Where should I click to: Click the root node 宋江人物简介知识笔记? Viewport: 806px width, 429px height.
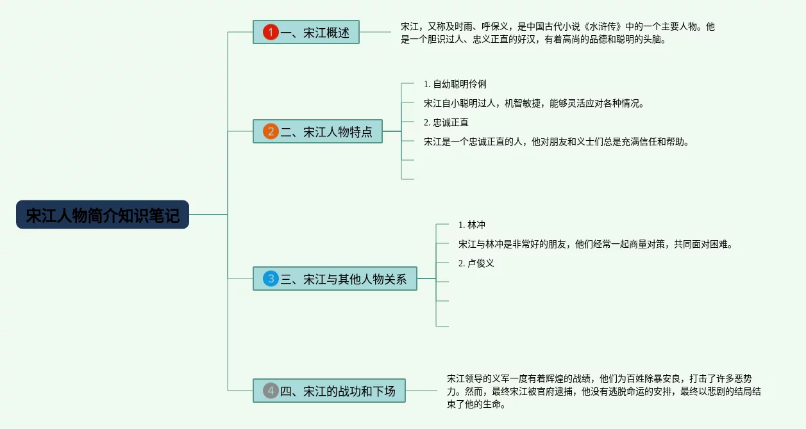pyautogui.click(x=103, y=214)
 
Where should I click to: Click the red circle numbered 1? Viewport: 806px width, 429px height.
pyautogui.click(x=271, y=32)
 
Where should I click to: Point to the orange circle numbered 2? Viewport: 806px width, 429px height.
pyautogui.click(x=271, y=131)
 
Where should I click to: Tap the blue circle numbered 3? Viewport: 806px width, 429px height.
pyautogui.click(x=271, y=279)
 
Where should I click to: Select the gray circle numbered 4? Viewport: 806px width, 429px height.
pyautogui.click(x=271, y=391)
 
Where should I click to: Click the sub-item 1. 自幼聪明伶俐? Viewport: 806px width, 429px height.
pyautogui.click(x=455, y=84)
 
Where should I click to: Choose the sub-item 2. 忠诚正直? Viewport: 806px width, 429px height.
pyautogui.click(x=446, y=122)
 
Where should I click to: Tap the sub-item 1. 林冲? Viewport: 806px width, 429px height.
pyautogui.click(x=472, y=225)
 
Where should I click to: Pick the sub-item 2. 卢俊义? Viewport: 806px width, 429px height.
pyautogui.click(x=476, y=263)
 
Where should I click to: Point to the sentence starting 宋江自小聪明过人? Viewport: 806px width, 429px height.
pyautogui.click(x=533, y=103)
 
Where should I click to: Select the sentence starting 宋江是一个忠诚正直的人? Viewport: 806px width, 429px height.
pyautogui.click(x=557, y=142)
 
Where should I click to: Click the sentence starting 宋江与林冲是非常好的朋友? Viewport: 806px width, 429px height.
pyautogui.click(x=595, y=244)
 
